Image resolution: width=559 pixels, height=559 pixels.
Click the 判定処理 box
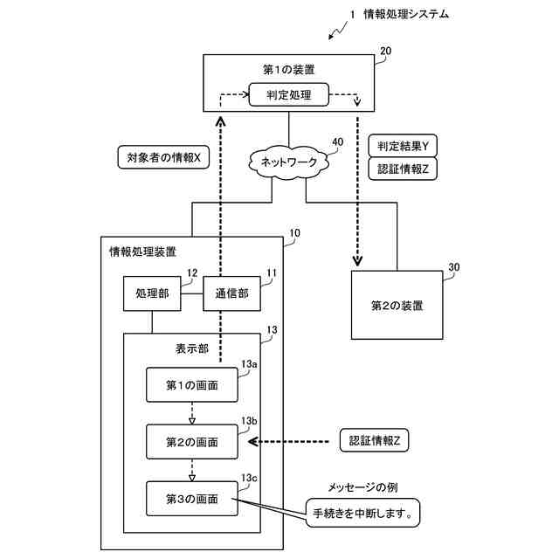tap(288, 95)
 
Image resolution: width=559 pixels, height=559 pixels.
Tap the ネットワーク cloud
tap(288, 162)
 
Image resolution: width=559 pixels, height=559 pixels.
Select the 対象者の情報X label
tap(163, 157)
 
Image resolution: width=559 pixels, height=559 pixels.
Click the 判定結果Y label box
tap(403, 146)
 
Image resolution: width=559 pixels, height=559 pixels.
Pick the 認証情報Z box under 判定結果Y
tap(403, 169)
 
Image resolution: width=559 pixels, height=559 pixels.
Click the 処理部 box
tap(152, 293)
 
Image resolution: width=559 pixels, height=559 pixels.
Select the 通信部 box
tap(231, 293)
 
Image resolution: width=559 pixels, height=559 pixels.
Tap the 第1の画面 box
tap(192, 385)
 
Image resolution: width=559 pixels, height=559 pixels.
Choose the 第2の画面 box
tap(192, 442)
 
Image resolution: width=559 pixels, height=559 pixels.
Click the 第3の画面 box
tap(192, 499)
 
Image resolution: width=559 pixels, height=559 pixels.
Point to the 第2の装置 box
tap(397, 305)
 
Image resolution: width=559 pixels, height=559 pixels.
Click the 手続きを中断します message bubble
tap(362, 513)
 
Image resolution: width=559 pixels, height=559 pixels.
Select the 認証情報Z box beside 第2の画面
tap(374, 440)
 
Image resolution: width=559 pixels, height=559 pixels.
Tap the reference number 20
tap(385, 51)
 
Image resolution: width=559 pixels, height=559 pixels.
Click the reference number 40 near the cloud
tap(338, 141)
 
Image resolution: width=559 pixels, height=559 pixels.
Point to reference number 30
tap(454, 267)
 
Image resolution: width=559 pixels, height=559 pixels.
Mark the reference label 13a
tap(249, 364)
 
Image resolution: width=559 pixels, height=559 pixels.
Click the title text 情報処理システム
tap(406, 14)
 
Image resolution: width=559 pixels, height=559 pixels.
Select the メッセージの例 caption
tap(362, 487)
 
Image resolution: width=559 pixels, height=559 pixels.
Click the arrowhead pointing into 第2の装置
tap(357, 261)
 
